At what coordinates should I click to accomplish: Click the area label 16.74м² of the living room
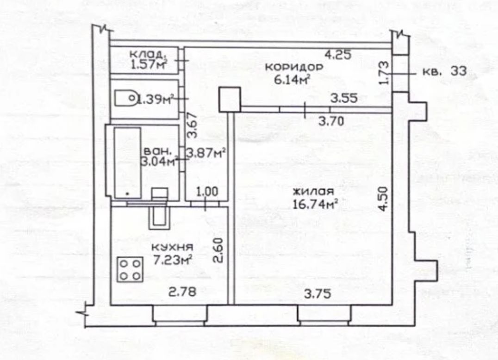click(315, 204)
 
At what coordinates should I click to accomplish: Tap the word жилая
click(313, 192)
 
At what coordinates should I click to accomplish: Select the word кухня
click(172, 247)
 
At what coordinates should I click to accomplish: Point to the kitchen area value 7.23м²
click(173, 260)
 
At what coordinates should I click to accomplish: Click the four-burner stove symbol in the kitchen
click(130, 269)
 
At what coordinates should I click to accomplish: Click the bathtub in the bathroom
click(127, 163)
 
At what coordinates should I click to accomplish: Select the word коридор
click(294, 67)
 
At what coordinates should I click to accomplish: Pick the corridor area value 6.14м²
click(292, 80)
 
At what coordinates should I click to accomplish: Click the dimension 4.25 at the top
click(338, 55)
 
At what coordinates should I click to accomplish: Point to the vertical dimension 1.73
click(384, 73)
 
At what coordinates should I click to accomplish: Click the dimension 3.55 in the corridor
click(343, 98)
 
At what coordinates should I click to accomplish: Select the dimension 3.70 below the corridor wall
click(331, 121)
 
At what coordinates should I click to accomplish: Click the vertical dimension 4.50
click(384, 199)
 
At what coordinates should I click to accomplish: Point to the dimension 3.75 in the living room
click(317, 294)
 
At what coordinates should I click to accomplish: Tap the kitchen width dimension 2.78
click(182, 292)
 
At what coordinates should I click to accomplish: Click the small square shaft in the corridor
click(230, 99)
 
